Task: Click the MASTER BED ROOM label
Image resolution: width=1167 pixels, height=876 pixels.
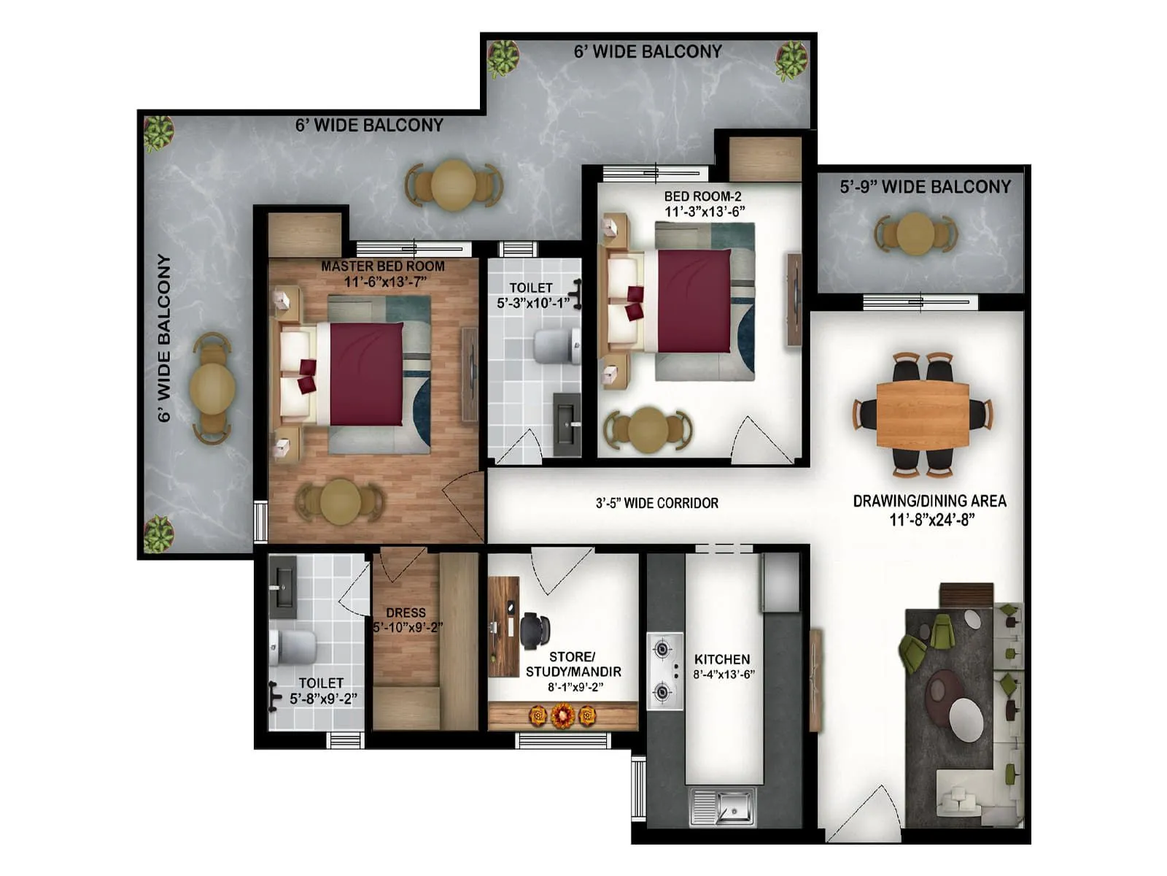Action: (383, 266)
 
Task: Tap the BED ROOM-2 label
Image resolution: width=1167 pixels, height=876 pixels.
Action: (702, 196)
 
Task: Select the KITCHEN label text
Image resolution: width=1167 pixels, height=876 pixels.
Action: (722, 659)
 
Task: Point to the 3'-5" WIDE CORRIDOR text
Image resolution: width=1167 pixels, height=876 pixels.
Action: (656, 503)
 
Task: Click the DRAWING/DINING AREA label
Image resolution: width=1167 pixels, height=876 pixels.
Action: (930, 502)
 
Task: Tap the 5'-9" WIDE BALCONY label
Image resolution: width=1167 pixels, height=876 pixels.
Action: (925, 187)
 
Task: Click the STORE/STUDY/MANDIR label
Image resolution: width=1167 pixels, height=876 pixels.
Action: (573, 664)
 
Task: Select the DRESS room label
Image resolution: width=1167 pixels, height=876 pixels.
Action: (406, 613)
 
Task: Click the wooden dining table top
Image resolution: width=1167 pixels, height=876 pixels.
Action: (923, 415)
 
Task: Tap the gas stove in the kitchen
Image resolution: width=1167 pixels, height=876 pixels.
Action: (664, 670)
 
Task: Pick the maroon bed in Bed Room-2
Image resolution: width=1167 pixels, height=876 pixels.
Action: (693, 301)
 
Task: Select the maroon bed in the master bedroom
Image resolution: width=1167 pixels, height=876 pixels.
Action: (365, 374)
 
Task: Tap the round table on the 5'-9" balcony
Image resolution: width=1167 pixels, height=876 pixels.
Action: (915, 234)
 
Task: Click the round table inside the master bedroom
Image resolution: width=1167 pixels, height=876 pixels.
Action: (340, 502)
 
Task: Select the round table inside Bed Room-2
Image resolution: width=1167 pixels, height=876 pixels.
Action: (648, 429)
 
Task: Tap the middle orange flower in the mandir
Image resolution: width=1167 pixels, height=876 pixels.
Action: (562, 716)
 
